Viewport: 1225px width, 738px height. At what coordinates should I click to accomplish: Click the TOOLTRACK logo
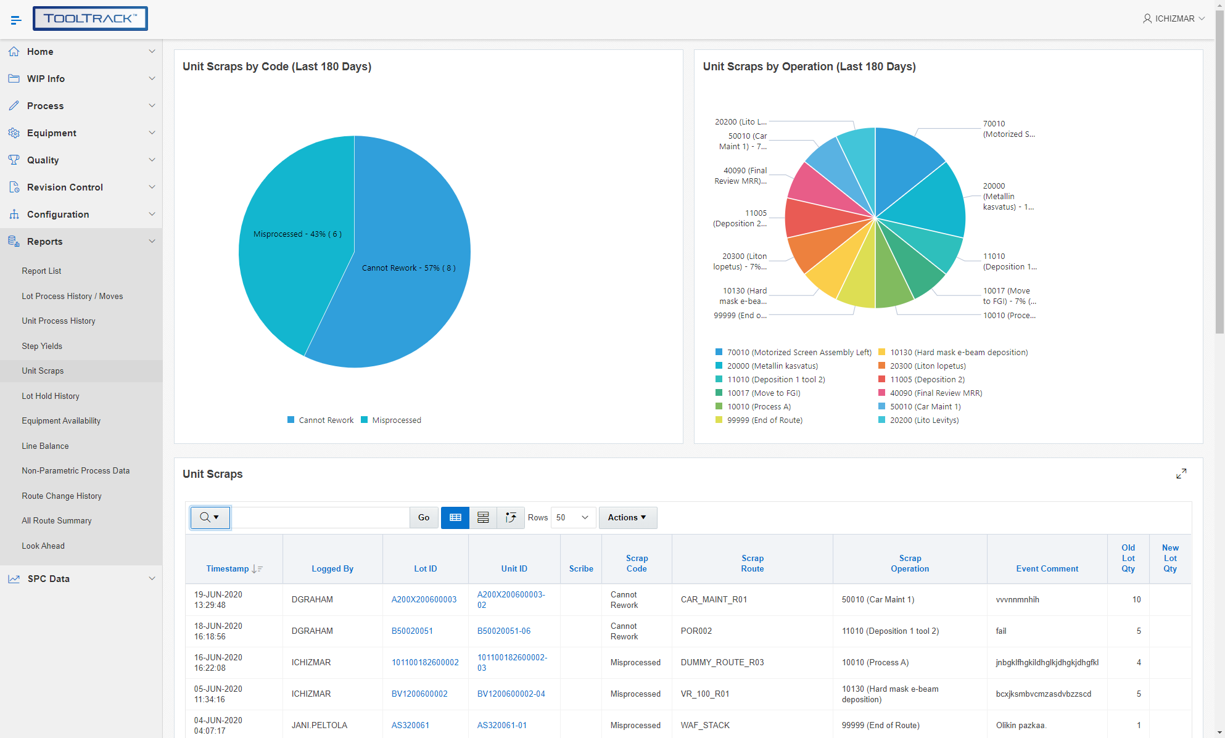90,18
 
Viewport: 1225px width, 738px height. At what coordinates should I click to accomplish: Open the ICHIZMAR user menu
1173,18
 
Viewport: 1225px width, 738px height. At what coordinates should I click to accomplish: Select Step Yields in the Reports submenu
42,346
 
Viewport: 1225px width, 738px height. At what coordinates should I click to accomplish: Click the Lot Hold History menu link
51,396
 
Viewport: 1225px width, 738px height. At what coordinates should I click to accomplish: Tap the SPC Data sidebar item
49,578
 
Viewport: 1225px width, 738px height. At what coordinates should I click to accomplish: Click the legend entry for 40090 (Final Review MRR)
936,393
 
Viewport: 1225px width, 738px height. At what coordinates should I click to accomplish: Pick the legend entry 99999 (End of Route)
764,420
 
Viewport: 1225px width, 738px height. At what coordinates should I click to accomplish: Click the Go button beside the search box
424,517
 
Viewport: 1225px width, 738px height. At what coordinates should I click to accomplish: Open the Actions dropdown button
627,517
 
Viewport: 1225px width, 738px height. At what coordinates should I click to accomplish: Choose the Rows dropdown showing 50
573,517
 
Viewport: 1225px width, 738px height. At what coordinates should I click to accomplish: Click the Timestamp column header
228,568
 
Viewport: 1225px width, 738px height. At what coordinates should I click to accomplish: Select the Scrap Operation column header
910,563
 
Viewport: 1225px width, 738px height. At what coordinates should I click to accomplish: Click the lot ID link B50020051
412,631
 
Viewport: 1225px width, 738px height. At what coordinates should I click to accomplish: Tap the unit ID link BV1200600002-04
511,694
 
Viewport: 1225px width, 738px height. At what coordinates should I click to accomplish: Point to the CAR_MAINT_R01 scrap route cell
714,599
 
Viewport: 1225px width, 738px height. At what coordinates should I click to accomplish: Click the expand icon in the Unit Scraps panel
1181,474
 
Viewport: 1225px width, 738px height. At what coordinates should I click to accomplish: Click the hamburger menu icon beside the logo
16,20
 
